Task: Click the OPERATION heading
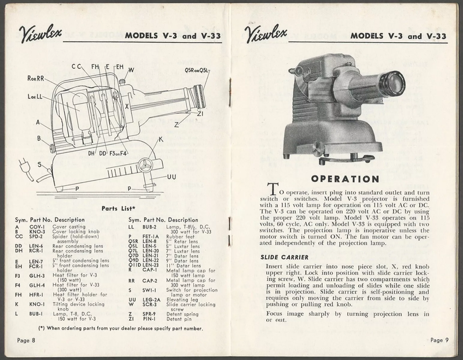click(x=344, y=179)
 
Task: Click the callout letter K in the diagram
click(x=161, y=139)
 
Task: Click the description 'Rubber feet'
click(x=175, y=236)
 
